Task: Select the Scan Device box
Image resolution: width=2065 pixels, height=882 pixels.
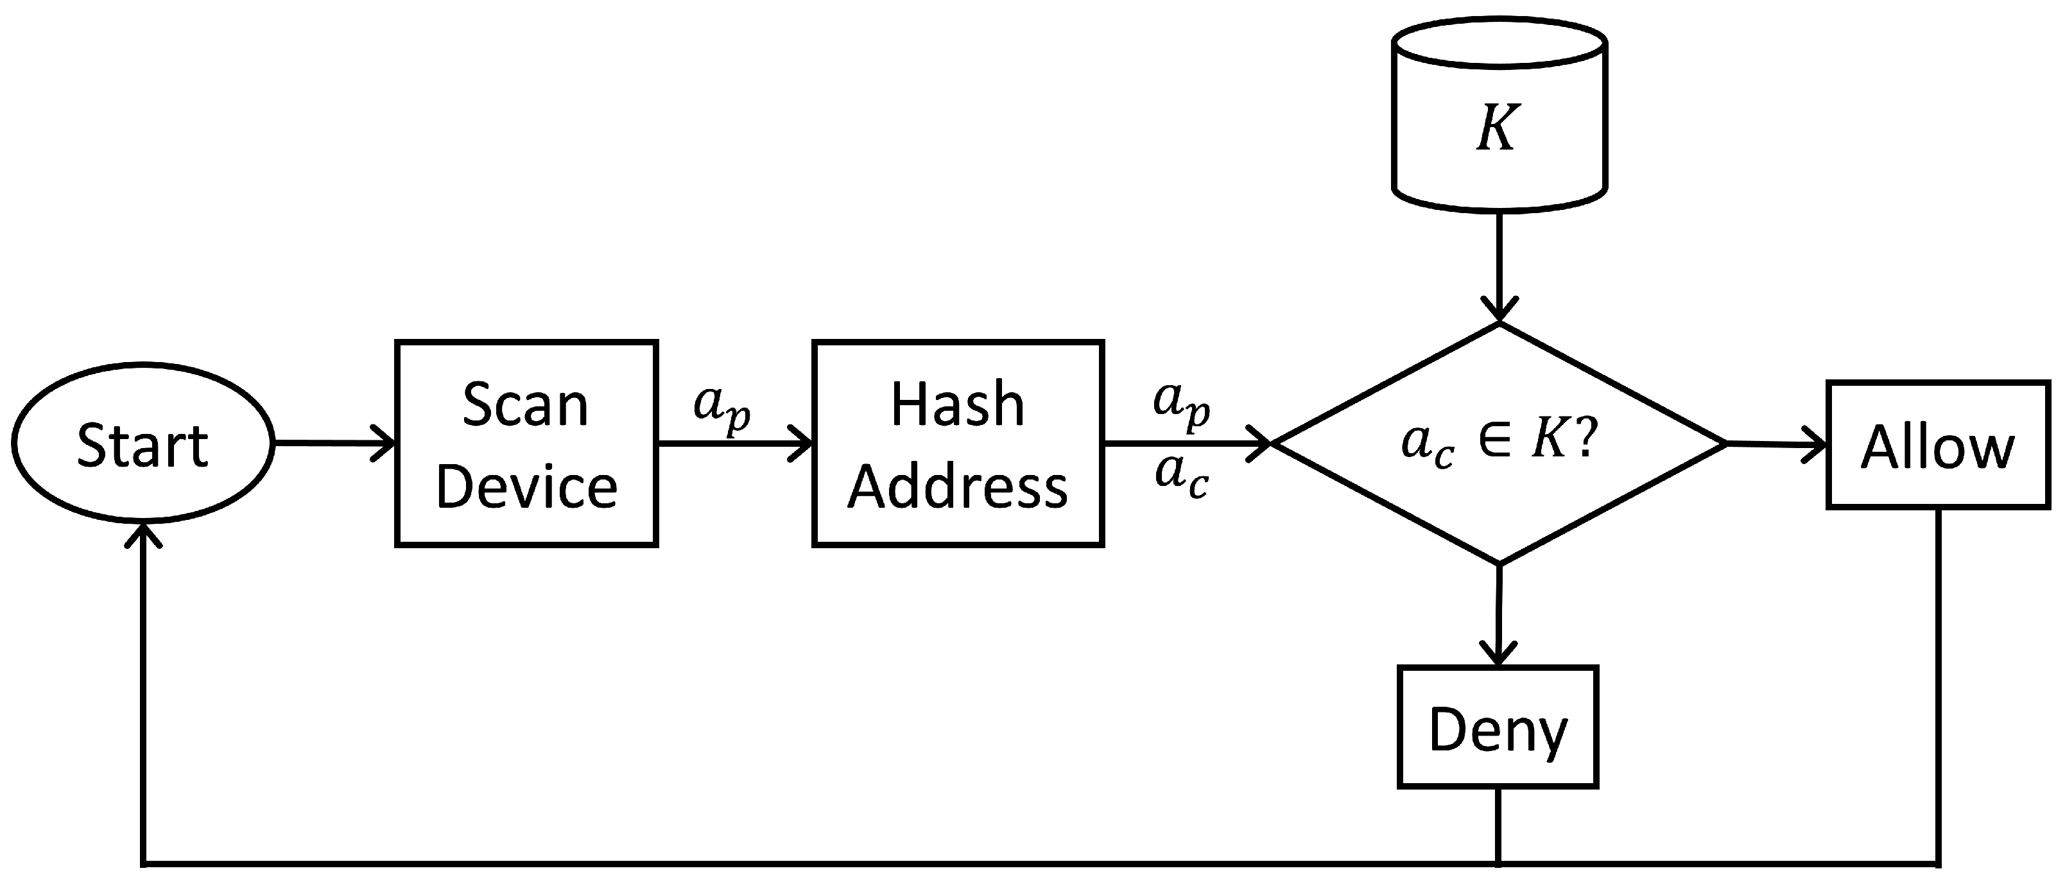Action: [x=526, y=444]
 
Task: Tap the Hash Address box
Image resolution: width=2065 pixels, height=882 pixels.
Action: [x=958, y=444]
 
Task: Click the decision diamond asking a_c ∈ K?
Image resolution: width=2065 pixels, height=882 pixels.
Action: [x=1499, y=442]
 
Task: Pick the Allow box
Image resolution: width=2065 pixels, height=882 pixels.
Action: [x=1937, y=445]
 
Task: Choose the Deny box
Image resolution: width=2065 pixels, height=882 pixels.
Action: [x=1498, y=727]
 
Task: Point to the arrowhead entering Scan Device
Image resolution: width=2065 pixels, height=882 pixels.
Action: [x=386, y=442]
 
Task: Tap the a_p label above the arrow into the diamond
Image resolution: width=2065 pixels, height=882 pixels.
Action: [x=1182, y=403]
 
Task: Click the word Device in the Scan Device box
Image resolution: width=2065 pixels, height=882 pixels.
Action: [x=526, y=487]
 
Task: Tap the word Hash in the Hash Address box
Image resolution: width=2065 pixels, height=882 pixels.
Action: [x=958, y=404]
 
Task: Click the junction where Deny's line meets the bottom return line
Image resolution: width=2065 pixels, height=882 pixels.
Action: [x=1498, y=863]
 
